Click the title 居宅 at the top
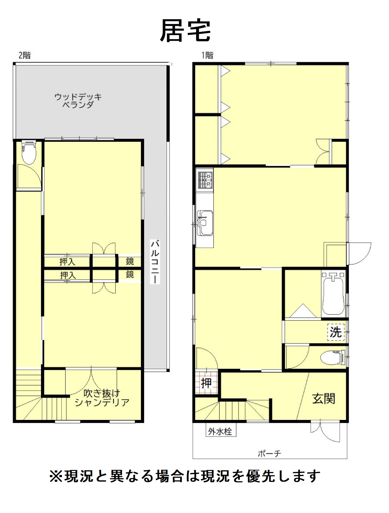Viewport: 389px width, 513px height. (x=185, y=31)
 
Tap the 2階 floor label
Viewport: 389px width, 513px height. (x=25, y=55)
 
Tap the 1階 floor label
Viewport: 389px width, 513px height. (x=207, y=55)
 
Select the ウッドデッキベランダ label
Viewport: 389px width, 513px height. (x=78, y=101)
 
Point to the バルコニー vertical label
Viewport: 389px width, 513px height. (x=155, y=262)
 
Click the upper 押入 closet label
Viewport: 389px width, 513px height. (x=68, y=262)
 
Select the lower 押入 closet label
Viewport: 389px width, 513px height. (x=68, y=275)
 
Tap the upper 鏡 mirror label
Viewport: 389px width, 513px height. (x=130, y=261)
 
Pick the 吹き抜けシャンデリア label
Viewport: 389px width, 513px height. (x=102, y=398)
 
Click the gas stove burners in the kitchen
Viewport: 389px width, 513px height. (x=205, y=180)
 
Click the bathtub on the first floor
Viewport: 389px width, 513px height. (x=333, y=293)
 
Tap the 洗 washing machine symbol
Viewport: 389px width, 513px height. (x=336, y=332)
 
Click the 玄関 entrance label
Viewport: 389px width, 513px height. (x=324, y=399)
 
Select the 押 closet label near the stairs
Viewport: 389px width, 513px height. (x=206, y=383)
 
